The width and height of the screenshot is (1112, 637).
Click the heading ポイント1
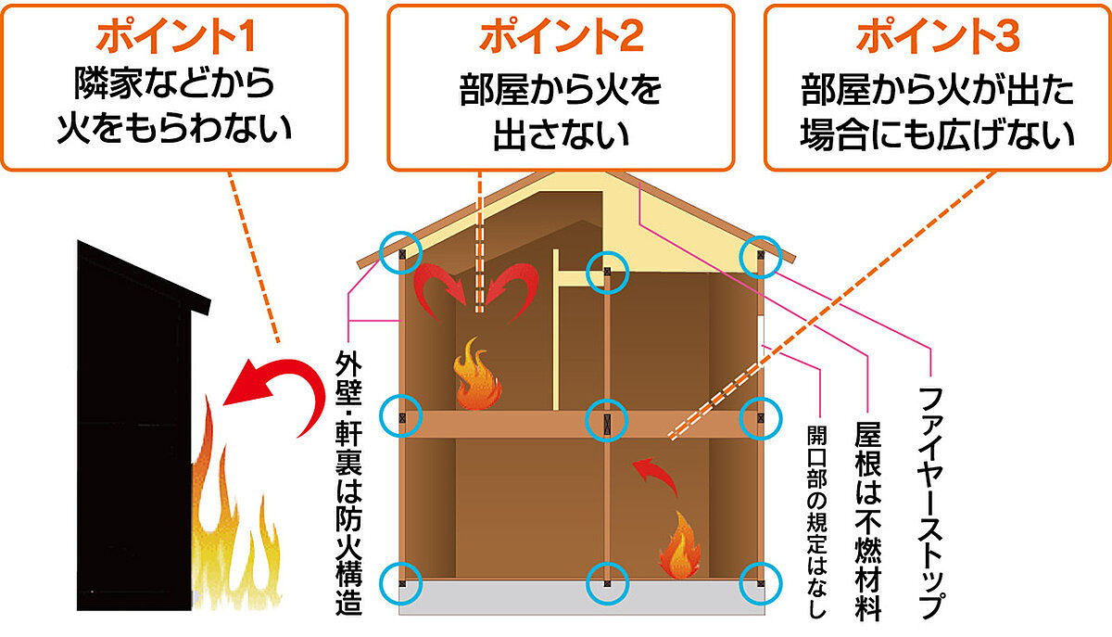click(175, 38)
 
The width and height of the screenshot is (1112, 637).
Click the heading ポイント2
click(561, 38)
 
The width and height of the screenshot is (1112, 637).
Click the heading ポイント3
click(938, 38)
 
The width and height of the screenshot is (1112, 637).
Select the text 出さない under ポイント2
click(561, 134)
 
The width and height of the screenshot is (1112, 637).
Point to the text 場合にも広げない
click(938, 134)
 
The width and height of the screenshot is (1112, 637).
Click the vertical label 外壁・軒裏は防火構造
click(347, 482)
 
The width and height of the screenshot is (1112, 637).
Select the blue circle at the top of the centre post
click(608, 271)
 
